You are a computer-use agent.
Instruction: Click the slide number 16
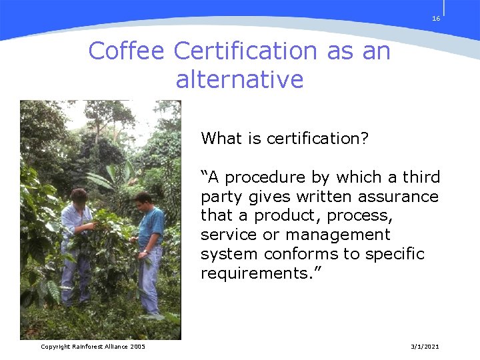[x=436, y=19]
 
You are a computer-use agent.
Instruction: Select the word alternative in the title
[x=239, y=80]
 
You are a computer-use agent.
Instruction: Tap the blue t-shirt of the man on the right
[x=151, y=227]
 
